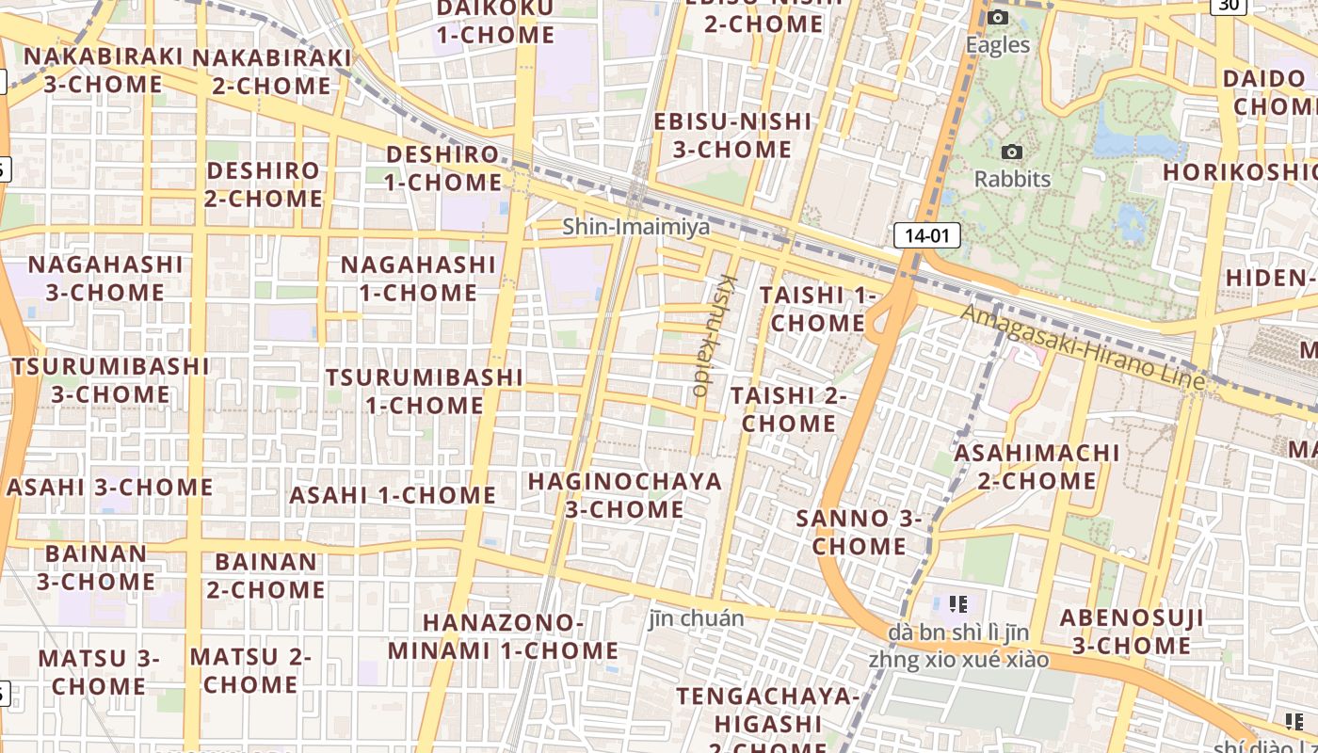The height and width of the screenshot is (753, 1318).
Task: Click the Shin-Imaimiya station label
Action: [635, 227]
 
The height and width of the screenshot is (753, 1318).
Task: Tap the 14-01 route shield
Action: [926, 235]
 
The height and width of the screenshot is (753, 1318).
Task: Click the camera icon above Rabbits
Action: [1012, 152]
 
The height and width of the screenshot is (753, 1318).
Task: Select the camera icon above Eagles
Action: [998, 18]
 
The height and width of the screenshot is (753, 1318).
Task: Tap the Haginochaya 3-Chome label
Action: [624, 495]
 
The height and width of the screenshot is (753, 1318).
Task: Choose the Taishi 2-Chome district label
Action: [788, 409]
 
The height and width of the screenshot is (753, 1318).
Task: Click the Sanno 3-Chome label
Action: [859, 532]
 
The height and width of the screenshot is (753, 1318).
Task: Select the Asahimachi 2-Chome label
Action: [1037, 467]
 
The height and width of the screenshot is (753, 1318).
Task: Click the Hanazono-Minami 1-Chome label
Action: [503, 636]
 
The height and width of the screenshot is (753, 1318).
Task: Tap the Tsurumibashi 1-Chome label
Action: [424, 392]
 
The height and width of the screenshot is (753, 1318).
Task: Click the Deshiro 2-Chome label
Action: [264, 184]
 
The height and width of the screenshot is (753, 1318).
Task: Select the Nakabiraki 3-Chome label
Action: [104, 70]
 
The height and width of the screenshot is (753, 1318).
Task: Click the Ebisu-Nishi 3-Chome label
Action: [732, 135]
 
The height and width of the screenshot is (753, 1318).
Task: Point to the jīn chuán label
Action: [697, 618]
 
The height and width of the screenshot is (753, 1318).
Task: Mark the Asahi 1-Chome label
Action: [393, 495]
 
